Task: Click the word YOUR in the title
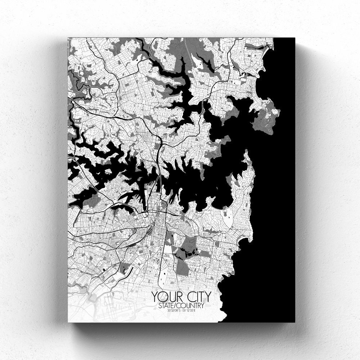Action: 166,297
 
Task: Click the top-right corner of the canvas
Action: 294,38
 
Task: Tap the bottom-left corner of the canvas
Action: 68,322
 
